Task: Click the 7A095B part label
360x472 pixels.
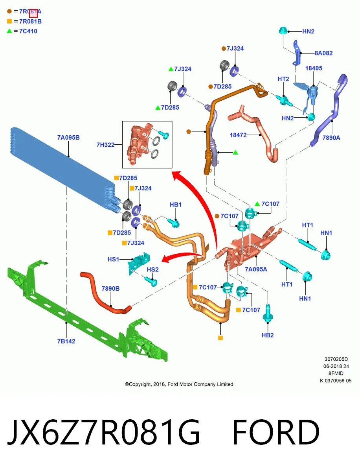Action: click(68, 137)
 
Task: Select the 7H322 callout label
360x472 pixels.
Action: click(105, 145)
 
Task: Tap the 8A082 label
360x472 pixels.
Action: click(323, 53)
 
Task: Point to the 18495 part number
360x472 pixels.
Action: click(314, 68)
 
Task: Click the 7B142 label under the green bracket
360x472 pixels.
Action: click(66, 341)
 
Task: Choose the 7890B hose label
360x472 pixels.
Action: click(110, 289)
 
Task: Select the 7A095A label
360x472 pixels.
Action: click(256, 269)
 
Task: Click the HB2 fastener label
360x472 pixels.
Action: click(268, 335)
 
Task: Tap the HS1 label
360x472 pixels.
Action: click(113, 259)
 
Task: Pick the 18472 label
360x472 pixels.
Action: click(238, 135)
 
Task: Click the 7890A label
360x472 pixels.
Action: click(331, 138)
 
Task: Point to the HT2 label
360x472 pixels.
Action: click(283, 79)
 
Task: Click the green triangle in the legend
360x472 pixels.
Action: click(9, 31)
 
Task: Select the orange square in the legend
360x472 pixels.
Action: click(9, 21)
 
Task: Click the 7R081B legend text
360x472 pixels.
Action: click(30, 21)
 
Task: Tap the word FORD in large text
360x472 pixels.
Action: click(276, 432)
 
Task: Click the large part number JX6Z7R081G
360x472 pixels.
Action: click(103, 432)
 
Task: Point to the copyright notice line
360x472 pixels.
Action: click(179, 384)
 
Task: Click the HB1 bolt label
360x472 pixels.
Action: click(176, 205)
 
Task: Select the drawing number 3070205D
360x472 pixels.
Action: click(336, 359)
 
